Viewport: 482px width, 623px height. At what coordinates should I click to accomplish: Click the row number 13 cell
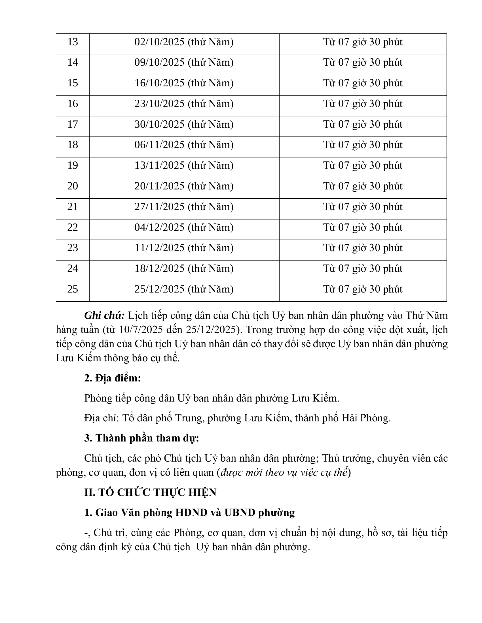(x=73, y=42)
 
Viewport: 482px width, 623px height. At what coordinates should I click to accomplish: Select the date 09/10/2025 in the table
(x=159, y=63)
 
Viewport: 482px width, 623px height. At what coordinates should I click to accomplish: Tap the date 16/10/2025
(x=159, y=83)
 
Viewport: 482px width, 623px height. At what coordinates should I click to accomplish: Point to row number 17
(x=73, y=125)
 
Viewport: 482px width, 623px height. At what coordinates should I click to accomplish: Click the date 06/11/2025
(x=159, y=145)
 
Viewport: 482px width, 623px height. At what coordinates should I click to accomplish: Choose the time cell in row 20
(x=363, y=186)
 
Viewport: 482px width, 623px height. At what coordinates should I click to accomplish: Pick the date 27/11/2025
(x=159, y=207)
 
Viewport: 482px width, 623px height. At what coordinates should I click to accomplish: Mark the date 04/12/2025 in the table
(x=159, y=228)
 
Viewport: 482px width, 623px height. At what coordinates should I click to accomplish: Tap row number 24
(x=73, y=269)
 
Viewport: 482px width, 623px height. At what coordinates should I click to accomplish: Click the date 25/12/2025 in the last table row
(x=159, y=289)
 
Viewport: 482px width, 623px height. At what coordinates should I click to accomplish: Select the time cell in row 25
(x=363, y=289)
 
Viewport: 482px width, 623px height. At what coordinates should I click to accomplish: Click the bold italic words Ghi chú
(x=104, y=316)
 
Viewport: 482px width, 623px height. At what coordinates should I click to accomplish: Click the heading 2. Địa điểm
(x=113, y=378)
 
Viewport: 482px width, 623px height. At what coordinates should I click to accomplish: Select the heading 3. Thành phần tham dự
(x=142, y=438)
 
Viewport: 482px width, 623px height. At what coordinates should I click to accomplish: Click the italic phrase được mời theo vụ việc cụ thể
(x=284, y=473)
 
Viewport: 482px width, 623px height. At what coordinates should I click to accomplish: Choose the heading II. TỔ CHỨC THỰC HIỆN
(x=150, y=493)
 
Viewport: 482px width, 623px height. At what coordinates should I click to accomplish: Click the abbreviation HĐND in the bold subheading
(x=191, y=513)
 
